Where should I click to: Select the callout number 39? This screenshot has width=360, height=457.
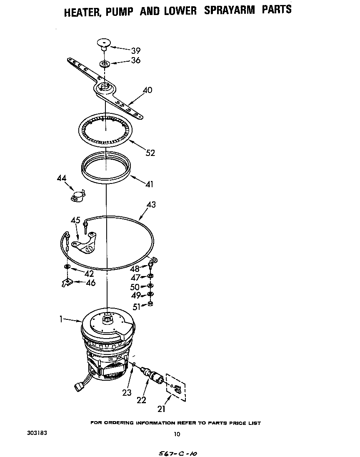point(136,51)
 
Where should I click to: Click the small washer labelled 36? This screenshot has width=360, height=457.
point(105,64)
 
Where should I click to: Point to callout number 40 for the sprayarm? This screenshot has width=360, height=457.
point(147,90)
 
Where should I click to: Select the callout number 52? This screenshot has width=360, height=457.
point(150,153)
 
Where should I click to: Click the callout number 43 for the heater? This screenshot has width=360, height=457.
point(151,205)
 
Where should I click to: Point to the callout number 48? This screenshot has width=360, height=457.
point(135,269)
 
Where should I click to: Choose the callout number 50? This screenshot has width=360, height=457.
point(135,287)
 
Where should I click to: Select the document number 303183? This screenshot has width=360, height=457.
point(37,433)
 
